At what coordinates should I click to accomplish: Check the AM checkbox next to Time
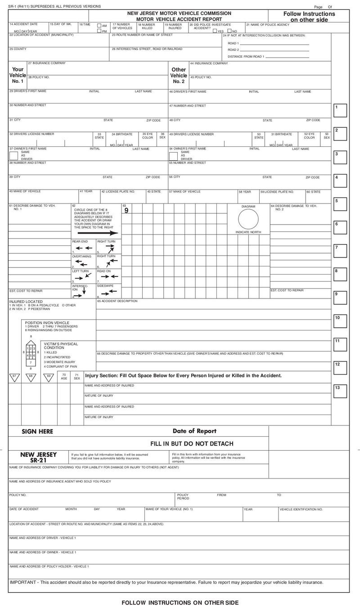pyautogui.click(x=99, y=26)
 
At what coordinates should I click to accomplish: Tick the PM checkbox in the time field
pyautogui.click(x=99, y=31)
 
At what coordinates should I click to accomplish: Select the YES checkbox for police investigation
pyautogui.click(x=215, y=31)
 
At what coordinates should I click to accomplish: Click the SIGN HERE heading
pyautogui.click(x=37, y=431)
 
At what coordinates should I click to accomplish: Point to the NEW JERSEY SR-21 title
pyautogui.click(x=39, y=457)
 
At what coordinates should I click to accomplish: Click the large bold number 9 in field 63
pyautogui.click(x=126, y=210)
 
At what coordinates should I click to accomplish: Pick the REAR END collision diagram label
pyautogui.click(x=80, y=242)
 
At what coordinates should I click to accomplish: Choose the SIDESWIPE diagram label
pyautogui.click(x=104, y=286)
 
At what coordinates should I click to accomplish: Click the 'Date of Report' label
pyautogui.click(x=194, y=431)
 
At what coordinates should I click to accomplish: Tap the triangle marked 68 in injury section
pyautogui.click(x=31, y=377)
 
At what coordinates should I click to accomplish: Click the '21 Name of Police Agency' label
pyautogui.click(x=267, y=24)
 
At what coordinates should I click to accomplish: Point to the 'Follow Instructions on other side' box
pyautogui.click(x=309, y=17)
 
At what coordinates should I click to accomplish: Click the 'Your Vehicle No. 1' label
pyautogui.click(x=18, y=75)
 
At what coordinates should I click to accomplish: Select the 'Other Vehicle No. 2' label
pyautogui.click(x=179, y=75)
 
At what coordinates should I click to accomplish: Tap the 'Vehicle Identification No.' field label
pyautogui.click(x=301, y=509)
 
